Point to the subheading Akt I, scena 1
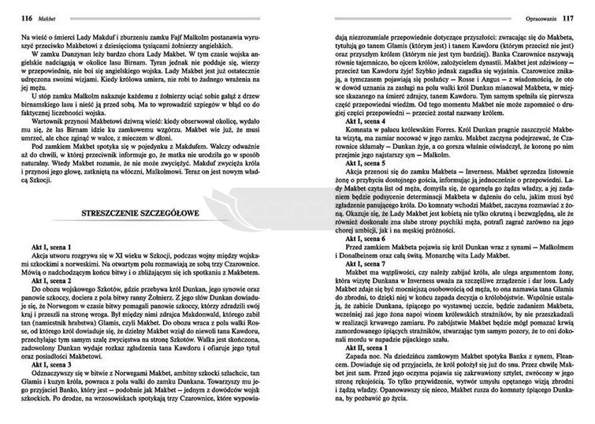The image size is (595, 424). [x=50, y=249]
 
